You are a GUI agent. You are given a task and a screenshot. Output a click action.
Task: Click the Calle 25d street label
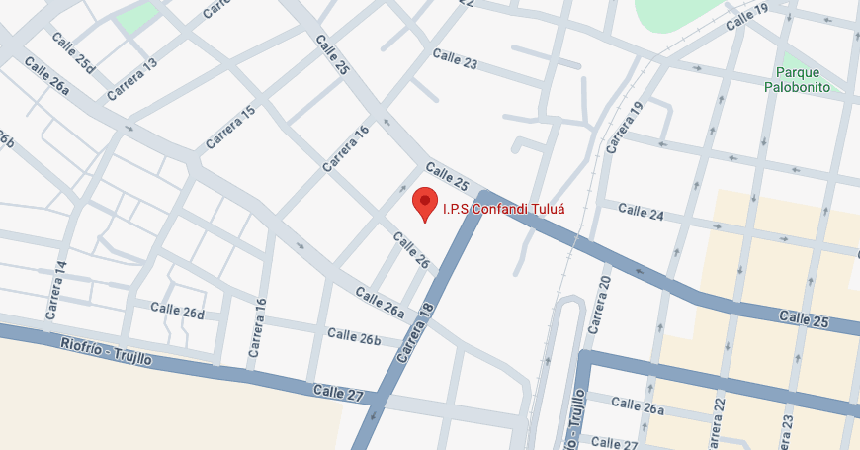coord(75,53)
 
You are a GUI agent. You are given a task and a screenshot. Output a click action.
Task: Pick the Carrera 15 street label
coord(230,128)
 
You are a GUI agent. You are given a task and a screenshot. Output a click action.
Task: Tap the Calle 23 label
coord(456,61)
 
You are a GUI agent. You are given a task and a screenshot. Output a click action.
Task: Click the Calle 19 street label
coord(746,18)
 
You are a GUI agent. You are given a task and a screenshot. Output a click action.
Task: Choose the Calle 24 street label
coord(641,211)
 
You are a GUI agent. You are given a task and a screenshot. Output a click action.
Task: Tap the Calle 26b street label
coord(354,337)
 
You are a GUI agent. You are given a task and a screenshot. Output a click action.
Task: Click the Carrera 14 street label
coord(56,290)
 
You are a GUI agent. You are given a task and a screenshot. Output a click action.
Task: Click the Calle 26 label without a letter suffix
coord(411,249)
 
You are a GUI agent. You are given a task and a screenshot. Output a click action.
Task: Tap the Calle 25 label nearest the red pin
coord(448,176)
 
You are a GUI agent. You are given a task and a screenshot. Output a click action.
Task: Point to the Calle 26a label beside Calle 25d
coord(46,76)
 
